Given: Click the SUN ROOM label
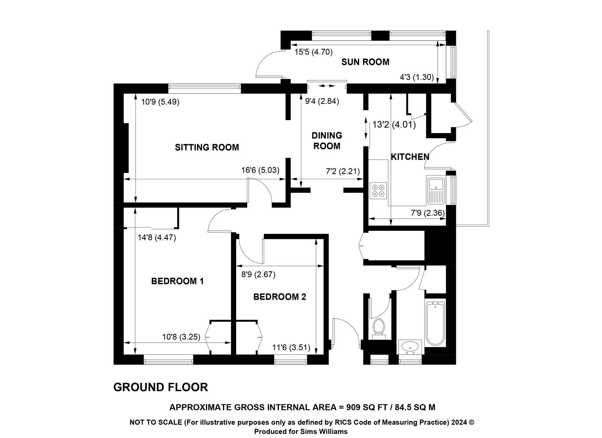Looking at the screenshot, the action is tap(365, 62).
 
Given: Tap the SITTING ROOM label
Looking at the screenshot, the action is tap(207, 148).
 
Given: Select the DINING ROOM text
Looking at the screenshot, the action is tap(327, 141).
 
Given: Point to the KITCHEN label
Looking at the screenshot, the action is tap(410, 157).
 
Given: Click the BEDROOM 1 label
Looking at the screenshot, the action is tap(177, 281).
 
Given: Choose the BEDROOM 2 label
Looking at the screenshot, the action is tap(280, 297).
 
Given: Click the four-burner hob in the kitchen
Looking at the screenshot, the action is tap(378, 191).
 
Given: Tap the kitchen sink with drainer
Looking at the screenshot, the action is tap(436, 190).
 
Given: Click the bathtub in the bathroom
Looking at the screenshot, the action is tap(436, 323).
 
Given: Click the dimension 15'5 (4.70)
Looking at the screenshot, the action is tap(313, 52).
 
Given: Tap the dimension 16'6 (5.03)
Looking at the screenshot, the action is tap(260, 170).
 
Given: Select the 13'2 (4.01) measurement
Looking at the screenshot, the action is tap(394, 125).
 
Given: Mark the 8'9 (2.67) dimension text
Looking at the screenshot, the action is tap(258, 275).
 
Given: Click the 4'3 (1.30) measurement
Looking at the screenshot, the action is tap(416, 77).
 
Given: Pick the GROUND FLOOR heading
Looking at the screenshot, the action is tap(161, 387).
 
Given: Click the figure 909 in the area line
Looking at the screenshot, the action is tap(353, 408).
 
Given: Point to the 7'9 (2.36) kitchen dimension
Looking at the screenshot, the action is tap(428, 213).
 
